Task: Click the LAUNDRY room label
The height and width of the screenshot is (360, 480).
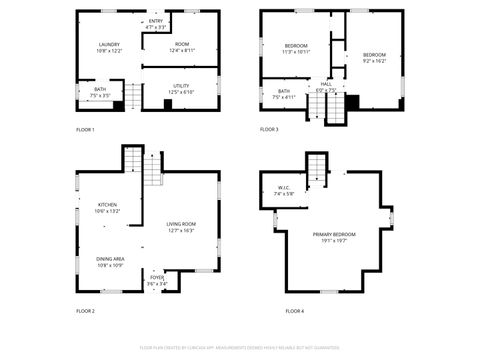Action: (109, 46)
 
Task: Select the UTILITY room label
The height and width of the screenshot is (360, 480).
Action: (181, 88)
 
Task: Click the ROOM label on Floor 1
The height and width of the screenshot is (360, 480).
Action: (181, 46)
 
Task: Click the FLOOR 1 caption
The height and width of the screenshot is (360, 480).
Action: (86, 129)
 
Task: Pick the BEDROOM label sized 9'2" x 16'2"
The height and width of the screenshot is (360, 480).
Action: (374, 56)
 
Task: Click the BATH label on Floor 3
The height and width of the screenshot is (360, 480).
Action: (285, 94)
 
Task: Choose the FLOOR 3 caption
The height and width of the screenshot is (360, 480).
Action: (270, 129)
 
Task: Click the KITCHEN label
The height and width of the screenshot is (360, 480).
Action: (107, 207)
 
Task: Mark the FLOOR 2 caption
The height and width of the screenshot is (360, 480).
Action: (86, 311)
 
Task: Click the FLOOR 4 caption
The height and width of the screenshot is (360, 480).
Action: (294, 311)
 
